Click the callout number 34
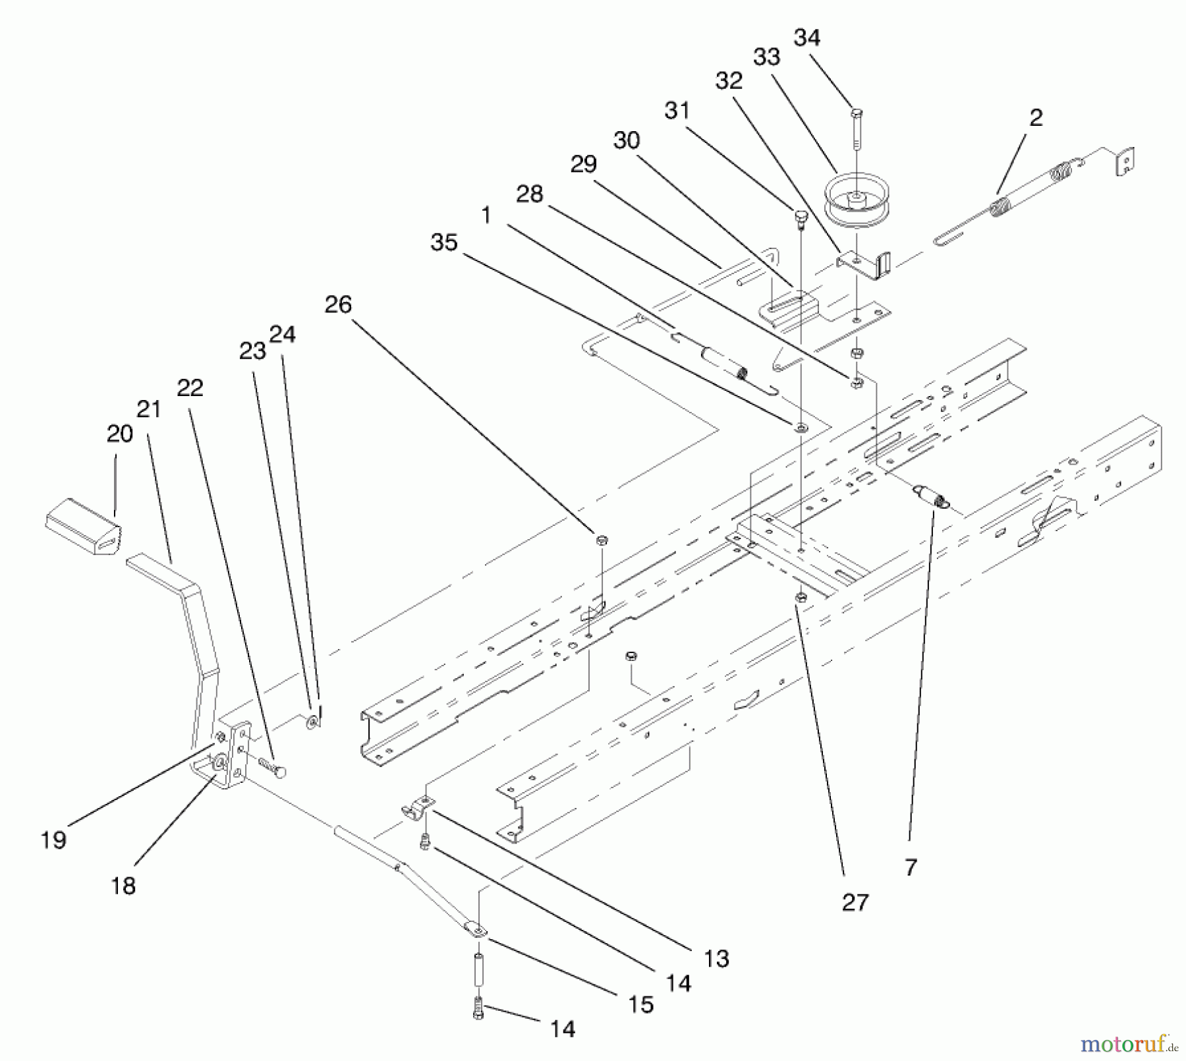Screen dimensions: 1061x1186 point(806,38)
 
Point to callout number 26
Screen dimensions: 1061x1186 point(338,304)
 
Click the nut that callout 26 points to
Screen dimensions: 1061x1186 point(601,540)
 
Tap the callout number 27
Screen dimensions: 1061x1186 point(855,902)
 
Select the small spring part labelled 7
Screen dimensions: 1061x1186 point(930,496)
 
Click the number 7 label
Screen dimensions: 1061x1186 point(911,868)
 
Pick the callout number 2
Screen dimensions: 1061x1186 point(1036,118)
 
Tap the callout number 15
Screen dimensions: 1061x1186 point(640,1004)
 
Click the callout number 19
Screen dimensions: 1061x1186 point(53,840)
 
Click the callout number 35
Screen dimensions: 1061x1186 point(443,243)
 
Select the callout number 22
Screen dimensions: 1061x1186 point(190,387)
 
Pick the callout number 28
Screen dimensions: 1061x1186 point(529,194)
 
